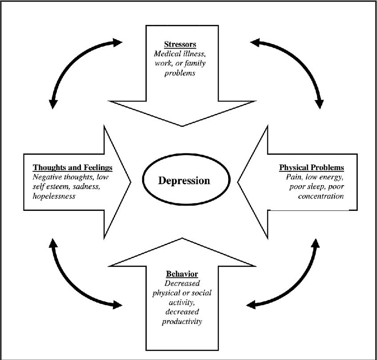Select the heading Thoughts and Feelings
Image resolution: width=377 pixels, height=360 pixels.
[72, 168]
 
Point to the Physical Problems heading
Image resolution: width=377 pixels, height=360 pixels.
[311, 168]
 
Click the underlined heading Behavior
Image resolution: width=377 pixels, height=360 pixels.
[182, 273]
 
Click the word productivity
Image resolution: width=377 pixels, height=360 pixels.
[182, 321]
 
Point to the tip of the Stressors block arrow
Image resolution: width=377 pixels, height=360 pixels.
[182, 125]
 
